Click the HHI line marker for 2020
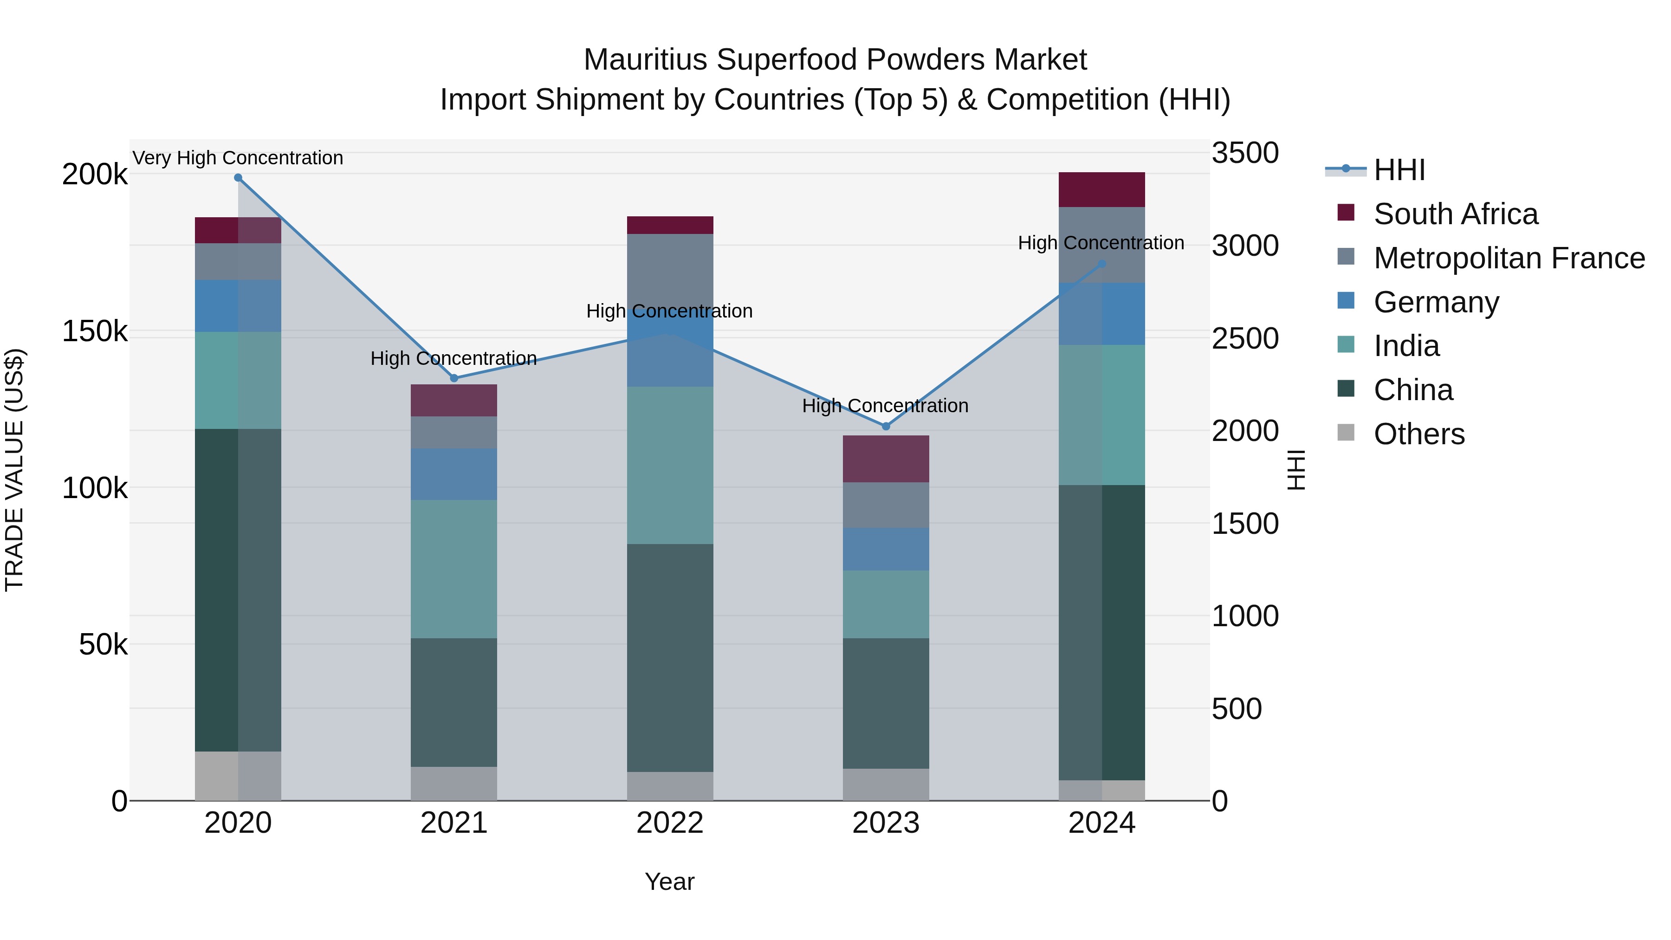[x=238, y=178]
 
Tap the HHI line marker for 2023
[x=886, y=426]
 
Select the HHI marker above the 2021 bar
[x=454, y=378]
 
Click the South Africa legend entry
[x=1455, y=214]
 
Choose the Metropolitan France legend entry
[x=1509, y=258]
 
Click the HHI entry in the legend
[x=1399, y=170]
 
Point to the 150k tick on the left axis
[x=95, y=331]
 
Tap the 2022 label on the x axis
[x=669, y=823]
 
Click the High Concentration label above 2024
[x=1101, y=243]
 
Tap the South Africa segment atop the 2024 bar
[x=1101, y=189]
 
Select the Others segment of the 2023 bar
[x=886, y=784]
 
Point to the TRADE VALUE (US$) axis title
[x=14, y=470]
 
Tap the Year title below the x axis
[x=669, y=882]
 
